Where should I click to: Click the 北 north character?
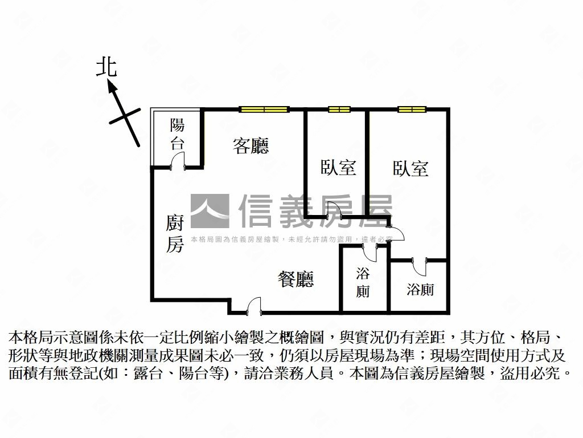pos(106,66)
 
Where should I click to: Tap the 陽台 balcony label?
pos(177,134)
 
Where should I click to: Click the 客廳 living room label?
pos(251,146)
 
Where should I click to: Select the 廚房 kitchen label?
pos(175,233)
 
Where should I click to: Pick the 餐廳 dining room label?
pos(296,279)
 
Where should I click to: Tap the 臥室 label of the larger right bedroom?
pos(410,168)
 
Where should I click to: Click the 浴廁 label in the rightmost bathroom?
pos(420,290)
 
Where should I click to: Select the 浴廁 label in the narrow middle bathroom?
pos(363,282)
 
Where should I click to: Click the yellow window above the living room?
pos(262,109)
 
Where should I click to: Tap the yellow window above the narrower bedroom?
pos(339,109)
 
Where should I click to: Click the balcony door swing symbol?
pos(178,161)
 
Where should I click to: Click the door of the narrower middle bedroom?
pos(335,210)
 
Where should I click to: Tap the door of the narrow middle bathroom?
pos(369,252)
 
